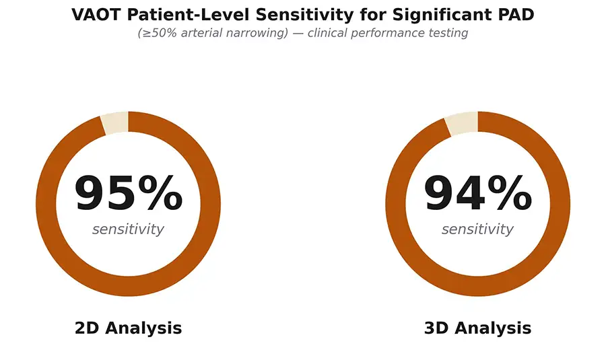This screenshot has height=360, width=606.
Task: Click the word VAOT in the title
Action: (97, 15)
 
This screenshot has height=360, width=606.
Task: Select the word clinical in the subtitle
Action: (327, 33)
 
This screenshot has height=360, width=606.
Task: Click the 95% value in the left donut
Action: (129, 192)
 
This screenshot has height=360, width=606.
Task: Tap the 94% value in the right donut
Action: (477, 192)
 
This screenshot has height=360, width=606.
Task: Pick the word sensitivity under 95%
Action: (129, 229)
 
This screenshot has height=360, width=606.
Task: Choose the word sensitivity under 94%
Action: (477, 229)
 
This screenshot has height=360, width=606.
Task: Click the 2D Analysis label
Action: (129, 328)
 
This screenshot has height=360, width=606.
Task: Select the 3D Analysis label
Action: (477, 328)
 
